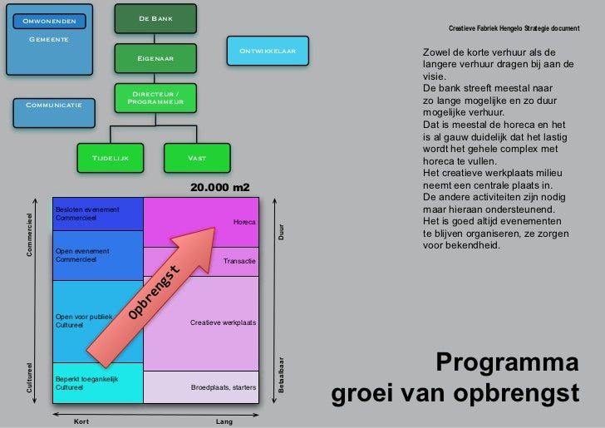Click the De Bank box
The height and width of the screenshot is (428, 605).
tap(156, 19)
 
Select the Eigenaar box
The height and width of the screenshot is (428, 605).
tap(156, 58)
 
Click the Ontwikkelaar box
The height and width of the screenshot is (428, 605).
tap(268, 52)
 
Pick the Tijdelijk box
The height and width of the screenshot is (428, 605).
tap(110, 158)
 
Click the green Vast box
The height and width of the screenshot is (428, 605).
tap(197, 158)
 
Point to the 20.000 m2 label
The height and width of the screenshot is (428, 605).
tap(219, 189)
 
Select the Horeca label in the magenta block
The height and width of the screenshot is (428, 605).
tap(244, 223)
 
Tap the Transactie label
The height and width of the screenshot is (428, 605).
tap(240, 262)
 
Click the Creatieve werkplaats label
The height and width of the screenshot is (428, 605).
tap(224, 322)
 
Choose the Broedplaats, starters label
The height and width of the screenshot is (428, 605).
tap(224, 387)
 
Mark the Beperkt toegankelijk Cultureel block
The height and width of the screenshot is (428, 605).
tap(98, 383)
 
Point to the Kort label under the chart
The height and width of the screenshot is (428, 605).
tap(81, 421)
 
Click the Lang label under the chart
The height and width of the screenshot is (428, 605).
tap(224, 421)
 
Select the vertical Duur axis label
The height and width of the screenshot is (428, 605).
tap(281, 233)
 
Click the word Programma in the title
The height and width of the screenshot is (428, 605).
tap(507, 363)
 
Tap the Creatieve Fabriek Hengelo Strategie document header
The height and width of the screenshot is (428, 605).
tap(514, 29)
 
